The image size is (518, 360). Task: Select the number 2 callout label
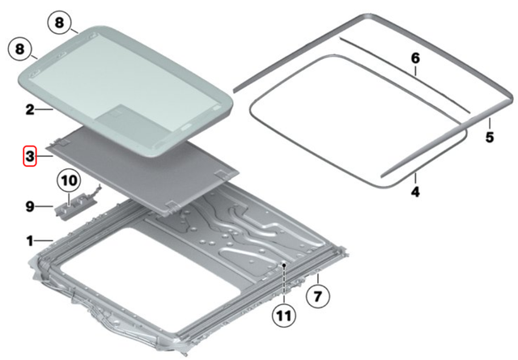click(28, 107)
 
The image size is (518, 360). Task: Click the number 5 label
click(489, 138)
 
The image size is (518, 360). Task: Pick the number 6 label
click(415, 59)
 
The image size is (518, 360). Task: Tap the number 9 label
click(28, 208)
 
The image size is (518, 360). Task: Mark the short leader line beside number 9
click(45, 208)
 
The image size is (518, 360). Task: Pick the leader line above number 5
click(489, 123)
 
